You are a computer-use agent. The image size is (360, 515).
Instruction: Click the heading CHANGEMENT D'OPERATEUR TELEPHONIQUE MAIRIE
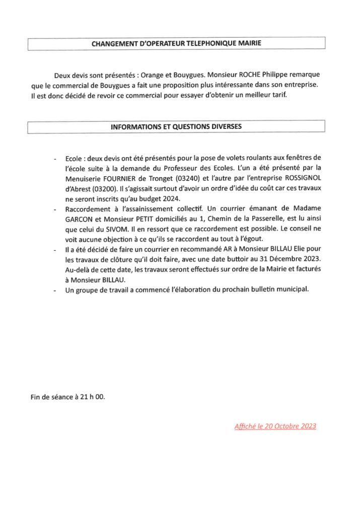point(176,44)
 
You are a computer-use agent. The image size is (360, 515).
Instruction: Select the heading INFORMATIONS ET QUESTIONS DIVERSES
point(176,127)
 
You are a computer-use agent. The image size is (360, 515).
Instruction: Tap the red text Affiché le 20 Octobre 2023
point(275,426)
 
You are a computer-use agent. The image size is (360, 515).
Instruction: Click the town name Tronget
point(159,177)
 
